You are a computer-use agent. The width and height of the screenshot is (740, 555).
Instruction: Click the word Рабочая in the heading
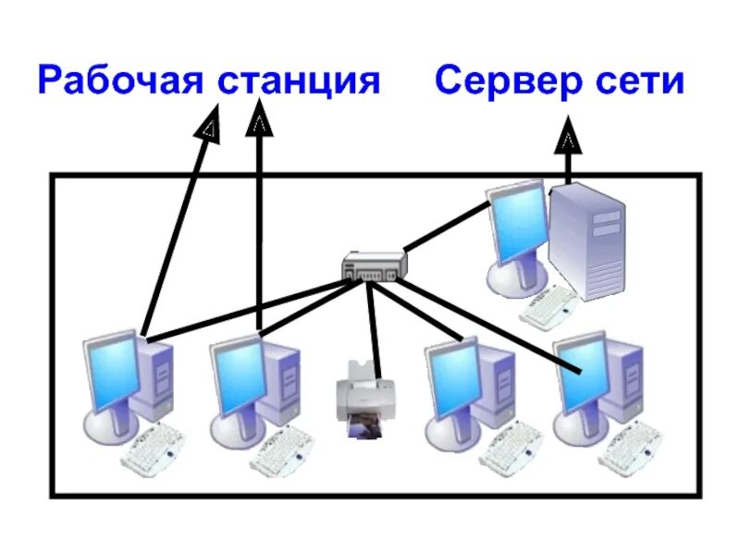tap(121, 80)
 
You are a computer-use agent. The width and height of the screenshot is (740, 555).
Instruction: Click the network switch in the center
tap(374, 265)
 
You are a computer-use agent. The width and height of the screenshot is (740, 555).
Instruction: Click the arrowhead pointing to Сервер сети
tap(568, 142)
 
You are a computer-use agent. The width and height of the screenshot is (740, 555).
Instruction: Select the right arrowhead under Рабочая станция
tap(261, 120)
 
